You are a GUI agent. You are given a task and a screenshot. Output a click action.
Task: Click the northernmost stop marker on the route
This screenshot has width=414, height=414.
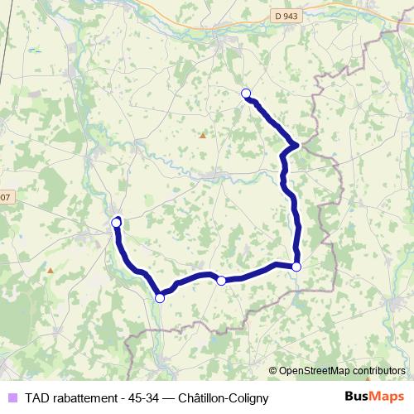245,94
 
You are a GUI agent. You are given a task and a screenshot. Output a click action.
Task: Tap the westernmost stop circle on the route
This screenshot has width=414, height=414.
116,222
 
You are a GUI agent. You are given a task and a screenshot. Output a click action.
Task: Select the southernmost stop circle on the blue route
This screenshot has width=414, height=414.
160,298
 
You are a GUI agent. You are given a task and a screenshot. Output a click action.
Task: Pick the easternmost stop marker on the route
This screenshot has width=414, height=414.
296,266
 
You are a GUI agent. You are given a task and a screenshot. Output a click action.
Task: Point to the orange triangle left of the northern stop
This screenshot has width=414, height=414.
202,135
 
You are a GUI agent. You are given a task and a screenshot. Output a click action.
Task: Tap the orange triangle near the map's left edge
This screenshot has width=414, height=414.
51,270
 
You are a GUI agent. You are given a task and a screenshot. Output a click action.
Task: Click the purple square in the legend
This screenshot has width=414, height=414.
11,397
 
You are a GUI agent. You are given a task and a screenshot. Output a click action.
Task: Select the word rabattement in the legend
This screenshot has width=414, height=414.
85,397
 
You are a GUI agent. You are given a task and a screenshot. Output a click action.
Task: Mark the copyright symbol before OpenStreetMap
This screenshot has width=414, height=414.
273,370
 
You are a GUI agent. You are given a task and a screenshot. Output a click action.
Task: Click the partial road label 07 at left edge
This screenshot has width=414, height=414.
6,197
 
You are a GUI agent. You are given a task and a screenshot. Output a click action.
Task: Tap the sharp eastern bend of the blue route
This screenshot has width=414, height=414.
296,146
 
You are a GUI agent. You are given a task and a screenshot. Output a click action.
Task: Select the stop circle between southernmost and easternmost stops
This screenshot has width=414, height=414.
221,281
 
